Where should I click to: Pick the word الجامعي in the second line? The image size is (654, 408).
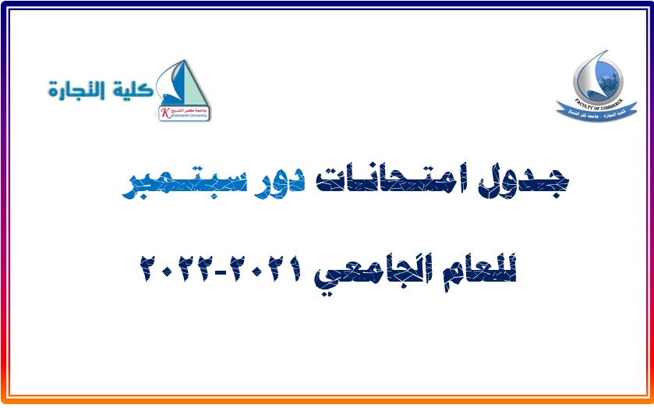tap(383, 272)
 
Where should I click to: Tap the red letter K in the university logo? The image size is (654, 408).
tap(164, 113)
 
